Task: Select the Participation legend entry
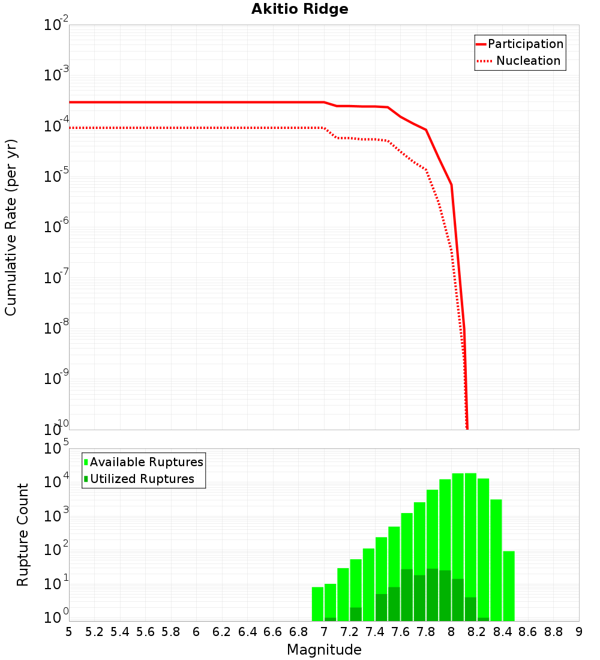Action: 526,44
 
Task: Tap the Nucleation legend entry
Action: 528,61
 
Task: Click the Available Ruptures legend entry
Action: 146,462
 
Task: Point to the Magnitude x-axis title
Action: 324,650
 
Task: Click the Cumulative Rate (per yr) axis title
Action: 11,227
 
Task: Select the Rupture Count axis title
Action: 23,535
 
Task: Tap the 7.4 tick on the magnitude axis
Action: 375,632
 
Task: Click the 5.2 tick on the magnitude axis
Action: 94,632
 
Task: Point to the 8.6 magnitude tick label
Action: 528,632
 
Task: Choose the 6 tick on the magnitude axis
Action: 196,632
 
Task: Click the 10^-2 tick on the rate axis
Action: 57,25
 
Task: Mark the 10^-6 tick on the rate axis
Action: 57,227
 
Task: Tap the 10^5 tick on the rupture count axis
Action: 57,449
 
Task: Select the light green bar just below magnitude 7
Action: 317,604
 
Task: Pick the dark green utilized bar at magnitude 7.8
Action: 432,595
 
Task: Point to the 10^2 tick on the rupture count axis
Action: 57,550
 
